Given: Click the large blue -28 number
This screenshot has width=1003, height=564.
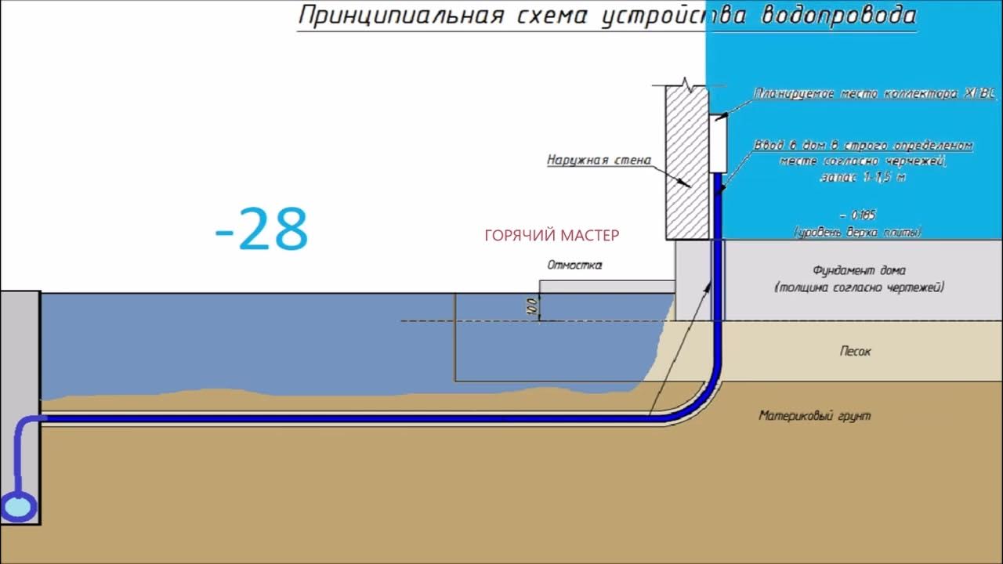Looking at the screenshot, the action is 262,230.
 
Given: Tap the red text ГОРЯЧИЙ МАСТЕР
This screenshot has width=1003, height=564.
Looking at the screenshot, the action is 552,235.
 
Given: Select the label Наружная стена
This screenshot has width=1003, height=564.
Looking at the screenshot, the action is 599,161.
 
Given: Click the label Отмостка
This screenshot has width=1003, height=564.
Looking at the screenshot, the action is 575,266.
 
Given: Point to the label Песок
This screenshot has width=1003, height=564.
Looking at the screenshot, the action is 855,352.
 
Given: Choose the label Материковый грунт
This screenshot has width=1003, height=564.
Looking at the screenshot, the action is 814,416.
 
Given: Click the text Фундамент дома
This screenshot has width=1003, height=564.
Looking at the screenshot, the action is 859,271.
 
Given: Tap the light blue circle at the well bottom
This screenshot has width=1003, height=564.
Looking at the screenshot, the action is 20,507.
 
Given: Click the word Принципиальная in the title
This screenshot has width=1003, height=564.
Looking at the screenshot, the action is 400,16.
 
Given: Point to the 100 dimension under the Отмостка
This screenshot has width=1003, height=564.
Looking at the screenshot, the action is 531,306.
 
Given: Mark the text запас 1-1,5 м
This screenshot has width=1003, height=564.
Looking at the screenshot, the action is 863,178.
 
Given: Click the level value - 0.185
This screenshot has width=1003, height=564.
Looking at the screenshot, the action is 857,214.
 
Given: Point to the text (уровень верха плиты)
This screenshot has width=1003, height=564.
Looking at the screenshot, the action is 857,232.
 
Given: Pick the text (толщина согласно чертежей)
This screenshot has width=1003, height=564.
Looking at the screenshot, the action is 859,287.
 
